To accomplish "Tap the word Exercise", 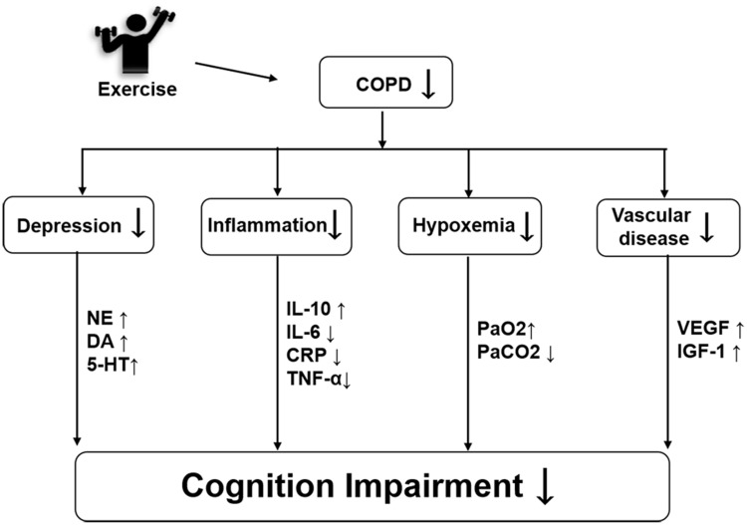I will [137, 90].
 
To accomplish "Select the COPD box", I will [383, 83].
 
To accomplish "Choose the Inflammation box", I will [276, 225].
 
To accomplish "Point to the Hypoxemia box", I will [469, 225].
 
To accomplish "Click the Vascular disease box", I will [659, 225].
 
